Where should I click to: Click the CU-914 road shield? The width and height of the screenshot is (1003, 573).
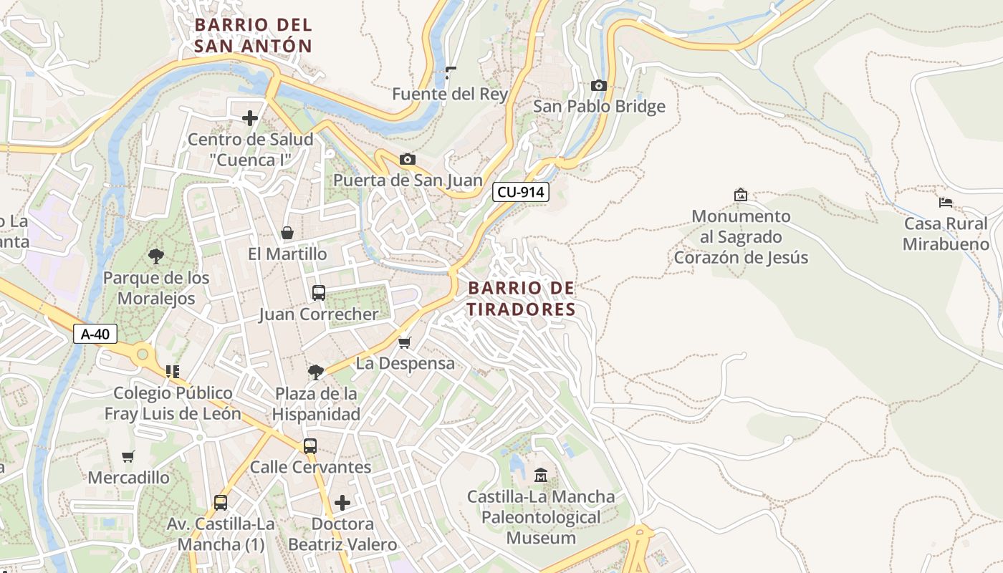pos(520,192)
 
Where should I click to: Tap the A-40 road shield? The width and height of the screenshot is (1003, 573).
pos(95,334)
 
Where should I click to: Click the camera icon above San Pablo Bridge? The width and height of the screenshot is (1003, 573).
pos(598,86)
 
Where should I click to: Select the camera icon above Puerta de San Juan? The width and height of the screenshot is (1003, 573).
pos(407,159)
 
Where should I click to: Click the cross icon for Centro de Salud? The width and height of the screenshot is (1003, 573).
pos(250,118)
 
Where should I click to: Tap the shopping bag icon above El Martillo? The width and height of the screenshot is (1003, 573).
pos(287,233)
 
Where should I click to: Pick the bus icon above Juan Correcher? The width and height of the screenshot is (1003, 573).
pos(319,293)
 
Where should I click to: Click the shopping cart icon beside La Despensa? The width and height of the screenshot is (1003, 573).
pos(404,343)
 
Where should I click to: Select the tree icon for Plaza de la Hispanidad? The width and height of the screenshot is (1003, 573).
pos(315,372)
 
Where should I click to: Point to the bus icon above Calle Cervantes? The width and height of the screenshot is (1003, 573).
pos(310,446)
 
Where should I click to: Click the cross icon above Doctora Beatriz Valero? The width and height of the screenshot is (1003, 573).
pos(342,503)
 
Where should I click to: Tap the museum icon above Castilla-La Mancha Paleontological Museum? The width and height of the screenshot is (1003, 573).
pos(541,474)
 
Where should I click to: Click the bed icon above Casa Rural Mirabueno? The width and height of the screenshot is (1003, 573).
pos(946,203)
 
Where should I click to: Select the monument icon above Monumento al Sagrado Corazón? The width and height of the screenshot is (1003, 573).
pos(741,195)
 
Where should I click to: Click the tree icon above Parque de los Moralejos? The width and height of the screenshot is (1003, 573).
pos(155,256)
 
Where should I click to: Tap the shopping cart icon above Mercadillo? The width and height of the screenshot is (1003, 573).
pos(128,456)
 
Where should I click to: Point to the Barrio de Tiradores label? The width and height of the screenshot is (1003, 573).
pos(521,299)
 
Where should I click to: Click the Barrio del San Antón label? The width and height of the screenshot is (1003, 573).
pos(254,36)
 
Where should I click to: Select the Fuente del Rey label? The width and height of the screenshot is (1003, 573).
pos(450,94)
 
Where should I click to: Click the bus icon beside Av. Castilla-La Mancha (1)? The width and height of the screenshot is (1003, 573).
pos(221,503)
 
